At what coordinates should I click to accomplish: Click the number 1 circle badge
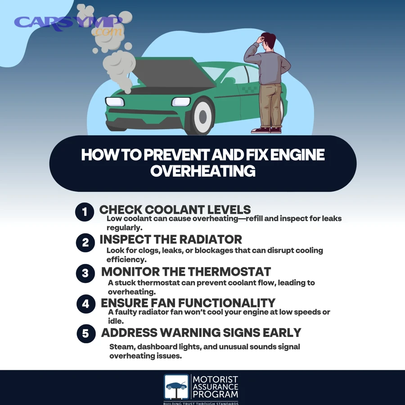pos(85,212)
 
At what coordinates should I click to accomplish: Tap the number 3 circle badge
pos(85,273)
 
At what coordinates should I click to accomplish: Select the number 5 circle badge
pos(85,334)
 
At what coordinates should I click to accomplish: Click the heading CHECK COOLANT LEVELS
pos(175,209)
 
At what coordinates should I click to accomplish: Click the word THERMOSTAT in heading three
pos(229,272)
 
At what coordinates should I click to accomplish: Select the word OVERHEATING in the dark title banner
pos(202,171)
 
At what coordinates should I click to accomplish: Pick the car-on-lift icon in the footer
pos(176,387)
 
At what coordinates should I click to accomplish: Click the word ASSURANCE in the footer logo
pos(215,387)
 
